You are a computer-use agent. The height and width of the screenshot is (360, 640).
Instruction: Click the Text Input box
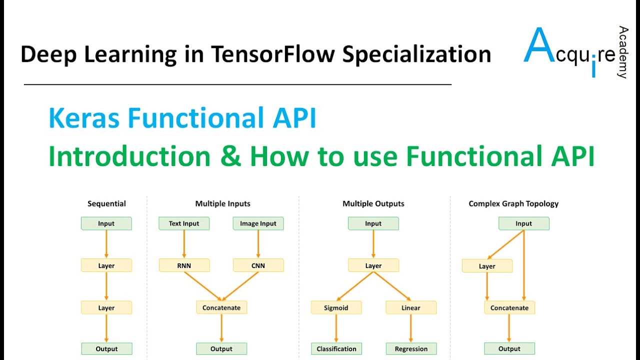pyautogui.click(x=184, y=223)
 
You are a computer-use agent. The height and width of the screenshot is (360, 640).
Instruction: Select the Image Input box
pyautogui.click(x=258, y=223)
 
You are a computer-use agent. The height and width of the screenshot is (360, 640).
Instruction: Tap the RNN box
pyautogui.click(x=184, y=265)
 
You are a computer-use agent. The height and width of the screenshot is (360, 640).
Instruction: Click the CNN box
pyautogui.click(x=258, y=265)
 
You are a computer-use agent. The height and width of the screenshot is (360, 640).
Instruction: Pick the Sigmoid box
pyautogui.click(x=336, y=307)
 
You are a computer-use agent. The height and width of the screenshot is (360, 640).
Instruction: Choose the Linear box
pyautogui.click(x=411, y=307)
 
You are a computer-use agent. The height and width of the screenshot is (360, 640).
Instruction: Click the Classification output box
pyautogui.click(x=336, y=348)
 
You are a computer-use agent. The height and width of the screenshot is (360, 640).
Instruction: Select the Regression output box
pyautogui.click(x=411, y=348)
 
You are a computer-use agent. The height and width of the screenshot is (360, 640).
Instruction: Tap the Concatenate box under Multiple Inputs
pyautogui.click(x=221, y=307)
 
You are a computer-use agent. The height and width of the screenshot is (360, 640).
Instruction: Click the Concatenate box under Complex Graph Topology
pyautogui.click(x=509, y=307)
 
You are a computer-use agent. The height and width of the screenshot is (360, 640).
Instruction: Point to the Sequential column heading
pyautogui.click(x=106, y=203)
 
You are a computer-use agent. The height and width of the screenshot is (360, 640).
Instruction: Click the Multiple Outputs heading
pyautogui.click(x=373, y=203)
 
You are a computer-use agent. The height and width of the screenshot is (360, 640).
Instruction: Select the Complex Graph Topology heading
pyautogui.click(x=513, y=203)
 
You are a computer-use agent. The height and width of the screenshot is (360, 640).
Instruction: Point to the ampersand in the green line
pyautogui.click(x=230, y=156)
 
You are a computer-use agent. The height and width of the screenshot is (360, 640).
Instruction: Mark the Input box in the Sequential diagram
pyautogui.click(x=106, y=223)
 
